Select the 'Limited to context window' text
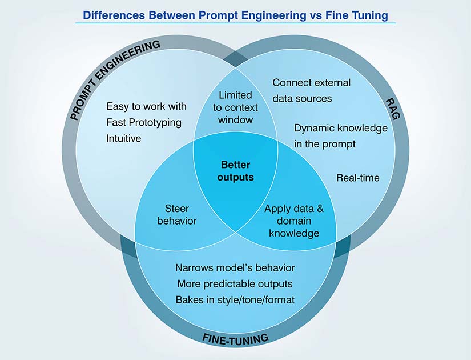(235, 107)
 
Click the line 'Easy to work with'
(147, 107)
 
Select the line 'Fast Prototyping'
(144, 122)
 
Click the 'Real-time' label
(358, 178)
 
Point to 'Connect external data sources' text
(311, 90)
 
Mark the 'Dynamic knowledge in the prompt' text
(341, 136)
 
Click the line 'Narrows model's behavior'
(235, 267)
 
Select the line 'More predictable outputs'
(235, 283)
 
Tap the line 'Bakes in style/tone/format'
(235, 299)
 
